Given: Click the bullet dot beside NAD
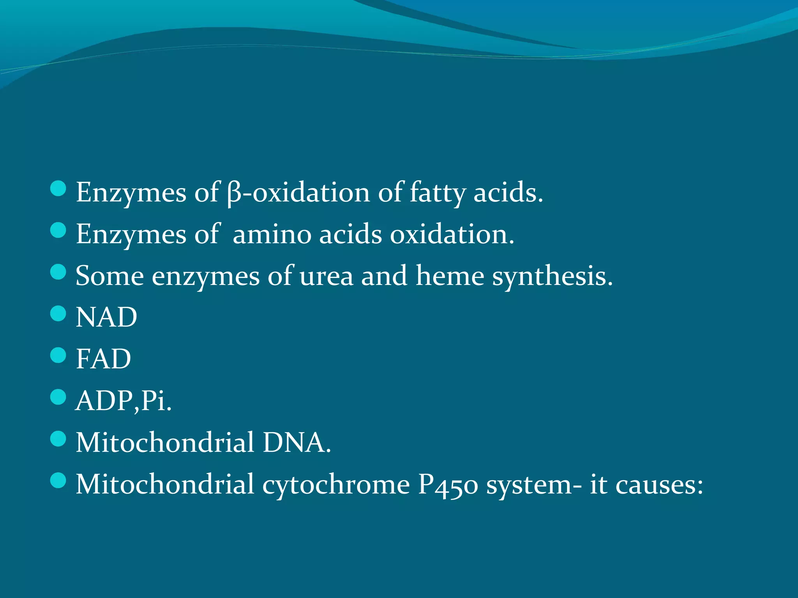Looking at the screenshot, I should [58, 313].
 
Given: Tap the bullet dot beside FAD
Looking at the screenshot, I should [58, 355].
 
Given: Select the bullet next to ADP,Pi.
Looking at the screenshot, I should [58, 397].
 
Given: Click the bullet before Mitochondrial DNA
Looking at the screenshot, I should [58, 439].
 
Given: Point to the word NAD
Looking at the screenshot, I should [106, 317].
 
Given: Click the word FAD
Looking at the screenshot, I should [103, 359].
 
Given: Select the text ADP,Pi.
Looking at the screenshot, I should [124, 401].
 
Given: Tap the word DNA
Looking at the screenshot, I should [296, 443].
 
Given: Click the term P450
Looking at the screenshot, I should [448, 485].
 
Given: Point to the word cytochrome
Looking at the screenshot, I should [336, 485].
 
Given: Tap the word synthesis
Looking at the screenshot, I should [552, 276].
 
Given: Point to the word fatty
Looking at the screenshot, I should [437, 193].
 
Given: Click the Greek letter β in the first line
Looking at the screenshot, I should [234, 193].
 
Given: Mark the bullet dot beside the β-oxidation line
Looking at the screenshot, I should [58, 188].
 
